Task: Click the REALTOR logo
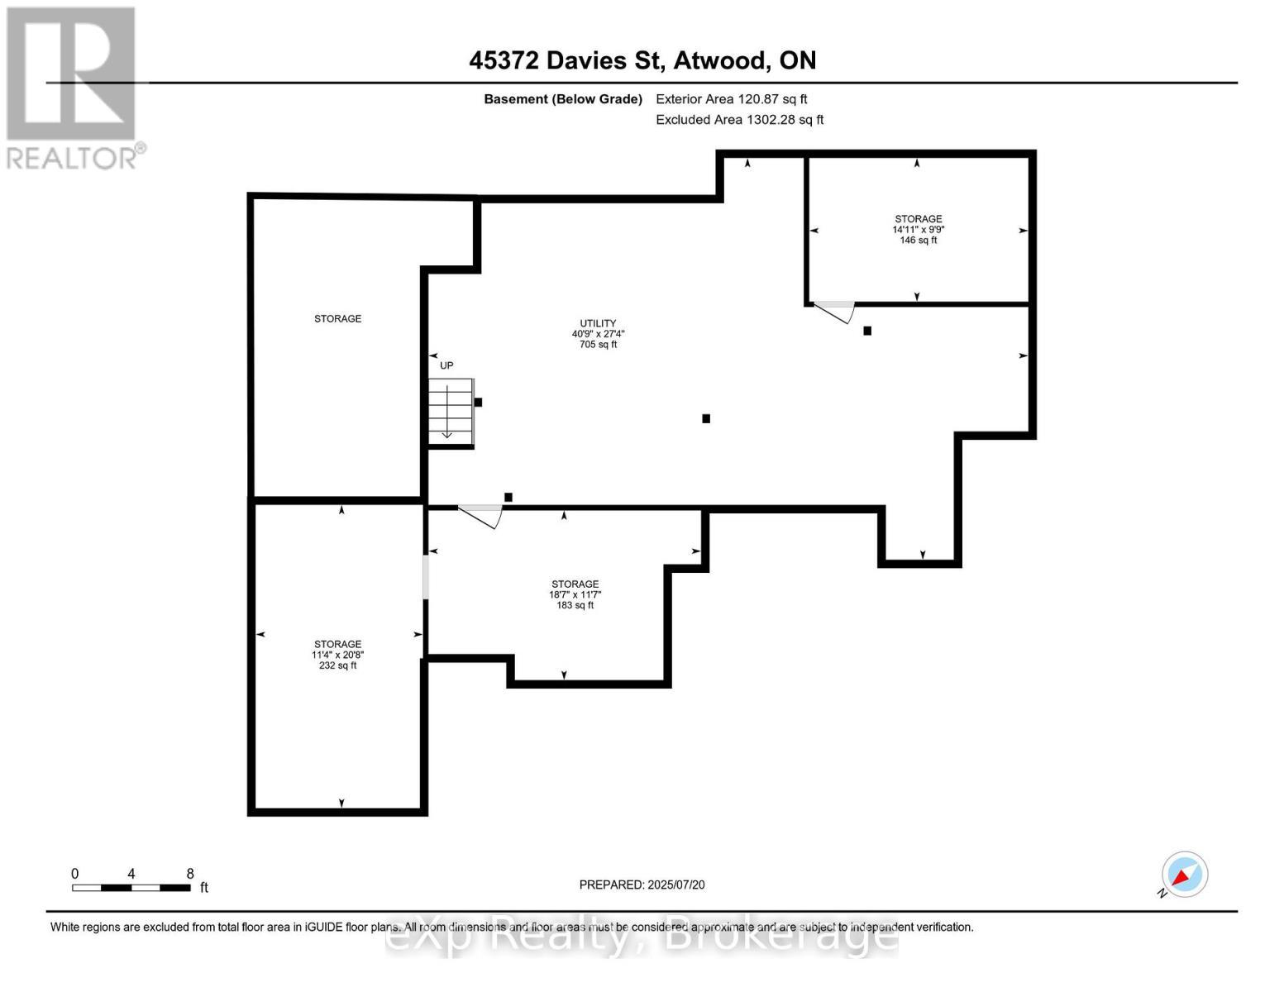click(72, 87)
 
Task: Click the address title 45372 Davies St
click(642, 60)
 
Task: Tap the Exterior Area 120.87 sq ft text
click(731, 99)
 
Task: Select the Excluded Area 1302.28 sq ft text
click(739, 120)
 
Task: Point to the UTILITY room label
click(598, 323)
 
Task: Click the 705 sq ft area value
click(598, 345)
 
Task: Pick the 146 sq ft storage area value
click(918, 241)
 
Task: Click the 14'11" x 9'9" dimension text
click(918, 230)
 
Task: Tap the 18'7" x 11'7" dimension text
click(575, 594)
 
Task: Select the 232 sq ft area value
click(337, 665)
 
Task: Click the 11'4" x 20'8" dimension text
click(337, 655)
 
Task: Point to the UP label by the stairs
click(446, 365)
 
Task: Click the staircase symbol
click(451, 412)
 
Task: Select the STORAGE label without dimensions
click(337, 318)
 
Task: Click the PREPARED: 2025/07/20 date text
click(642, 885)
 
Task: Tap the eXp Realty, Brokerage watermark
click(642, 938)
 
